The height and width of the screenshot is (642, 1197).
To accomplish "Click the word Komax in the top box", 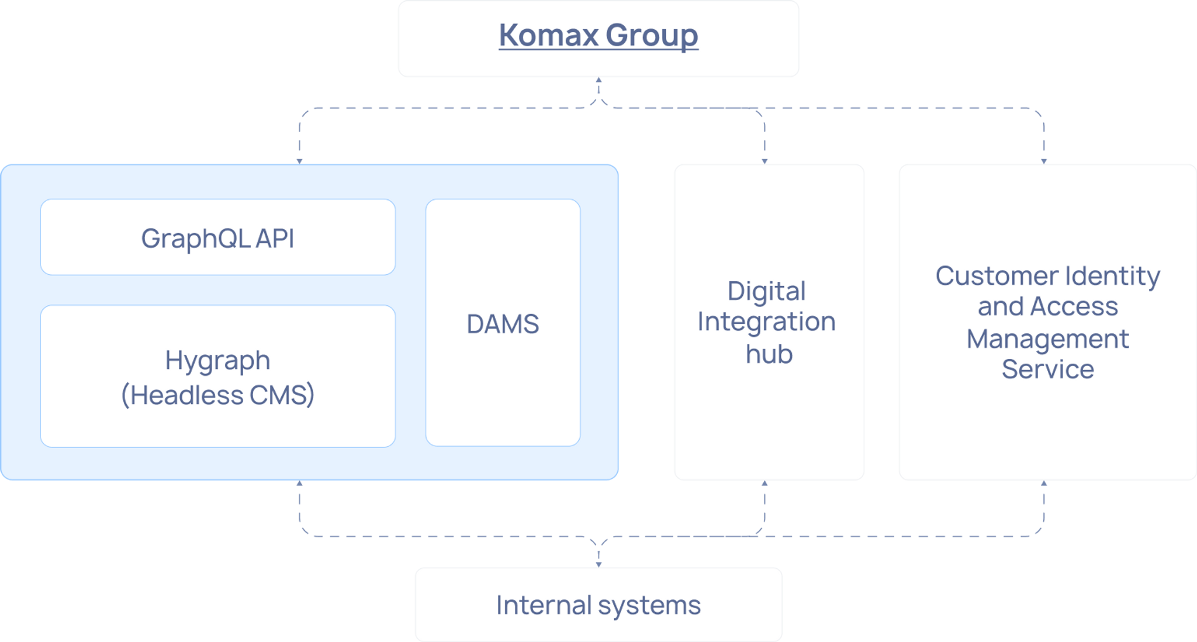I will [548, 35].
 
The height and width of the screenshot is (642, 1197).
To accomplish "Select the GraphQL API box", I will [217, 237].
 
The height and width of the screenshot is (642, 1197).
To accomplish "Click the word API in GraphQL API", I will [275, 239].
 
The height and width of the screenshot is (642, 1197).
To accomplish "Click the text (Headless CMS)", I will [217, 395].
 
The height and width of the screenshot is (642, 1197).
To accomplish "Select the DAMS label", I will [503, 324].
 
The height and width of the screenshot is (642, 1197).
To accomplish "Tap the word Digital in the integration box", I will [766, 291].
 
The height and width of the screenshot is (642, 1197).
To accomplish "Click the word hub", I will [769, 354].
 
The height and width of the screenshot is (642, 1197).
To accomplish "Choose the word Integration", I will [766, 322].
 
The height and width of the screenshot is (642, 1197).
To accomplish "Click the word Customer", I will [996, 276].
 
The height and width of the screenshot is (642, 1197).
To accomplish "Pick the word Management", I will [1047, 339].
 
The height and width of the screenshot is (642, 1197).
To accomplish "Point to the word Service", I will [1047, 370].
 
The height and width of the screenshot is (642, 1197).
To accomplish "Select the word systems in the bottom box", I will [649, 606].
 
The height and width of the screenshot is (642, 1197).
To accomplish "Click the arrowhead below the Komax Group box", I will [598, 82].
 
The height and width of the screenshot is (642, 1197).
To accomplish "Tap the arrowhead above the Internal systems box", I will [598, 562].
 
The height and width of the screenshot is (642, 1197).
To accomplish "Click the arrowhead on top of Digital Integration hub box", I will [764, 159].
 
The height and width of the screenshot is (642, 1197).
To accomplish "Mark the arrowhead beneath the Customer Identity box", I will [1044, 485].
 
